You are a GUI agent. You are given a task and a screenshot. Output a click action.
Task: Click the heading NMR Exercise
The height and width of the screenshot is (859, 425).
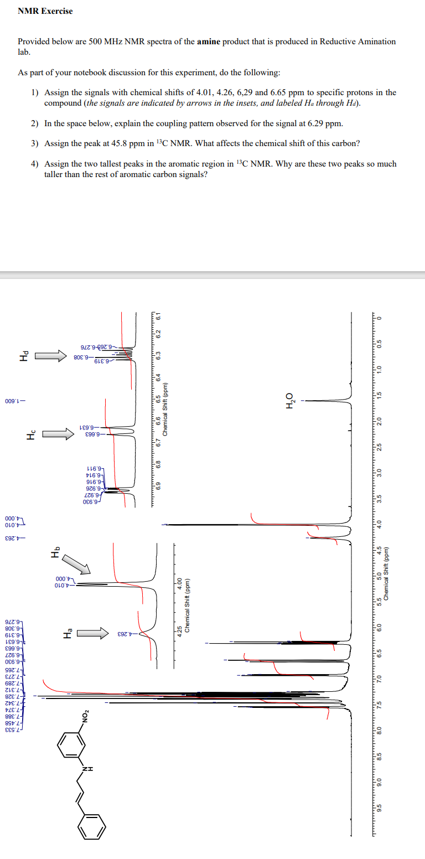click(45, 11)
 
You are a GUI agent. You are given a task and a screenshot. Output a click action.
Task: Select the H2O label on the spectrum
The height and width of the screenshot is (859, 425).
click(288, 400)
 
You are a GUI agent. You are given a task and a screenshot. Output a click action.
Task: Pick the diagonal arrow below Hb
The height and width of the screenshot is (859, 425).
click(75, 564)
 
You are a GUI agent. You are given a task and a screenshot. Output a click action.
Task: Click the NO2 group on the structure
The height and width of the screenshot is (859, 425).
click(85, 715)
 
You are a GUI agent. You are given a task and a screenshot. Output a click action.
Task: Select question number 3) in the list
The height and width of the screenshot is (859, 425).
click(35, 143)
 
